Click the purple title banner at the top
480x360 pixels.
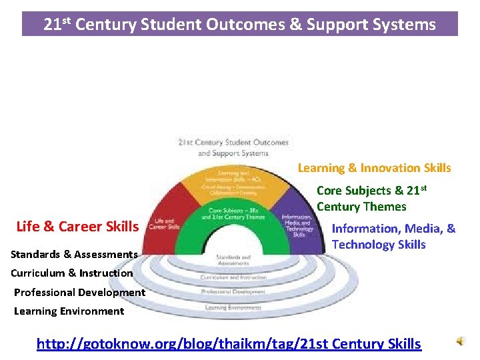coord(240,24)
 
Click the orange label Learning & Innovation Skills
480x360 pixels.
coord(374,168)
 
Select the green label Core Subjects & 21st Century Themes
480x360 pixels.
coord(371,199)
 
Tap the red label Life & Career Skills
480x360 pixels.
coord(77,226)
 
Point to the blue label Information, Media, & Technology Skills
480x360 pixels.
coord(393,237)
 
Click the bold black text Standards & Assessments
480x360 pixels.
coord(74,254)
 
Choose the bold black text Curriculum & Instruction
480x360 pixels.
coord(71,273)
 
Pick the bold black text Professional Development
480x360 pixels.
coord(79,292)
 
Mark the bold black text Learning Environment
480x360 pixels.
coord(69,311)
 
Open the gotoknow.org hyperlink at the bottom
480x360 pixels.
coord(229,344)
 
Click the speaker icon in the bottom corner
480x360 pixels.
coord(461,341)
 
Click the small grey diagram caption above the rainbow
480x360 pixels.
coord(233,147)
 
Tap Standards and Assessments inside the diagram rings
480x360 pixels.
coord(233,260)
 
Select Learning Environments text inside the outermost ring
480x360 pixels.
coord(233,307)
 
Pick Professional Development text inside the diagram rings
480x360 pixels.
coord(233,292)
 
